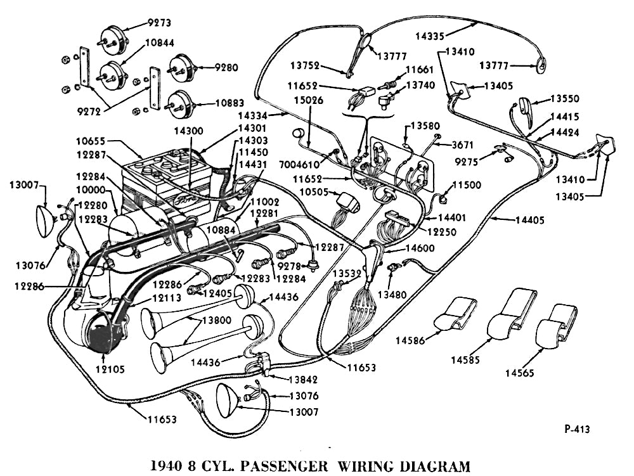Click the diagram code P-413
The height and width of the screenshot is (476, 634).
[x=577, y=429]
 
